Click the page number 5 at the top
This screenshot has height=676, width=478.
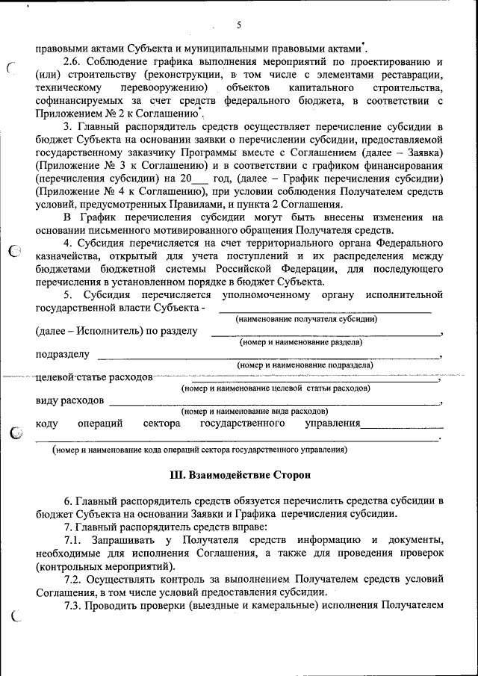239,25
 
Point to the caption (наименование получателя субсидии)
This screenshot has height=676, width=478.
306,319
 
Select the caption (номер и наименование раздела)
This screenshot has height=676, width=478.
300,342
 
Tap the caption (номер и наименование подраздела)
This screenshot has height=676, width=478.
305,365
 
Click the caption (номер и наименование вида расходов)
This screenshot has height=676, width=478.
254,412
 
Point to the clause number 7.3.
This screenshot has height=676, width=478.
74,604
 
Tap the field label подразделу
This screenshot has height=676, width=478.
63,354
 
